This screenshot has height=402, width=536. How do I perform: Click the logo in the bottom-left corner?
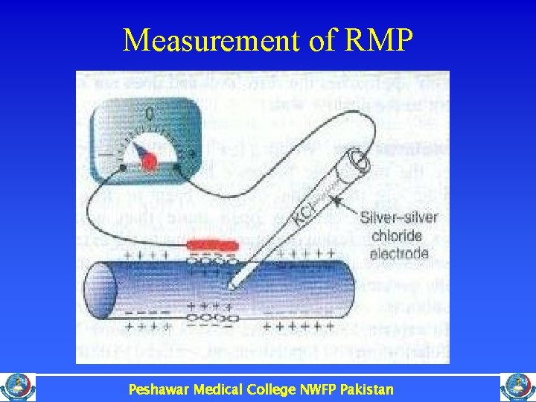[17, 388]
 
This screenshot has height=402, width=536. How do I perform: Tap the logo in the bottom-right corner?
[518, 388]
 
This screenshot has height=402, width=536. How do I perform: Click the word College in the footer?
[269, 389]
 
